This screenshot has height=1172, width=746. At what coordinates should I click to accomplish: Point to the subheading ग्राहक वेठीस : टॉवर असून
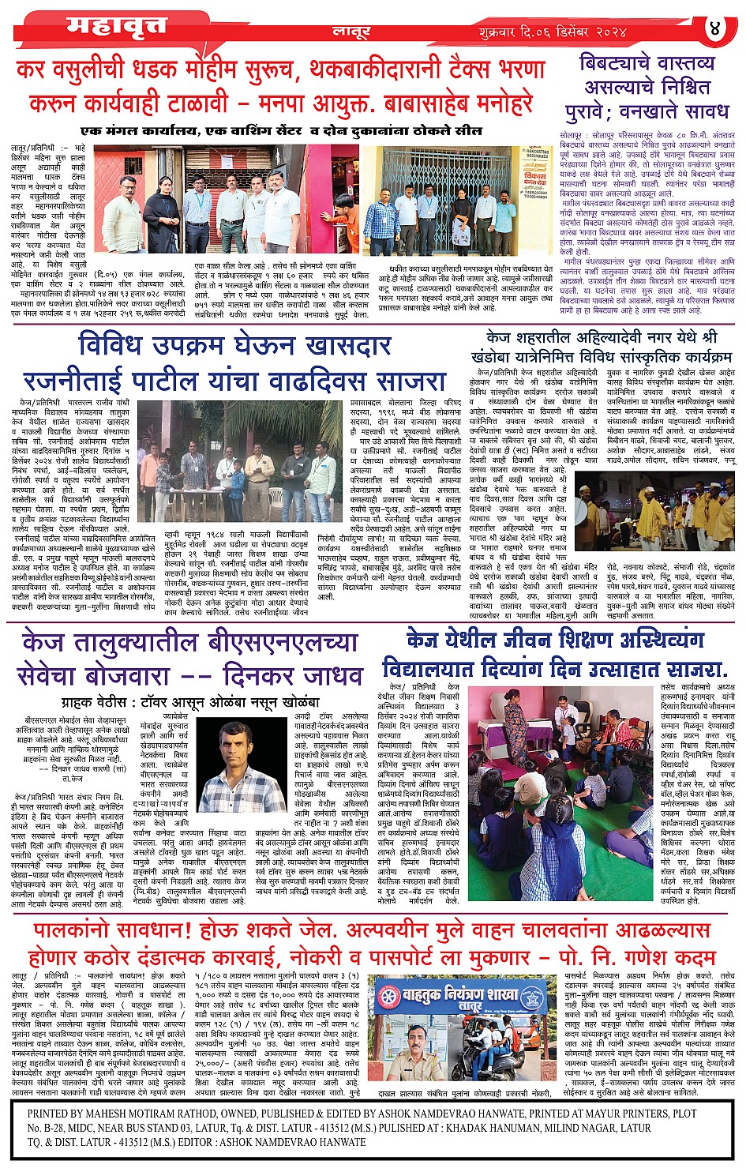(x=189, y=701)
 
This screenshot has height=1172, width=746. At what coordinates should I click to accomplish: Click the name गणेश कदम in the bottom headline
(x=671, y=957)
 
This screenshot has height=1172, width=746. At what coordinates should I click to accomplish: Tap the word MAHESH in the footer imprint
(x=113, y=1114)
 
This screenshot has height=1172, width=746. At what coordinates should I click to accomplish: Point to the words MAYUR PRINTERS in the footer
(x=614, y=1114)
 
